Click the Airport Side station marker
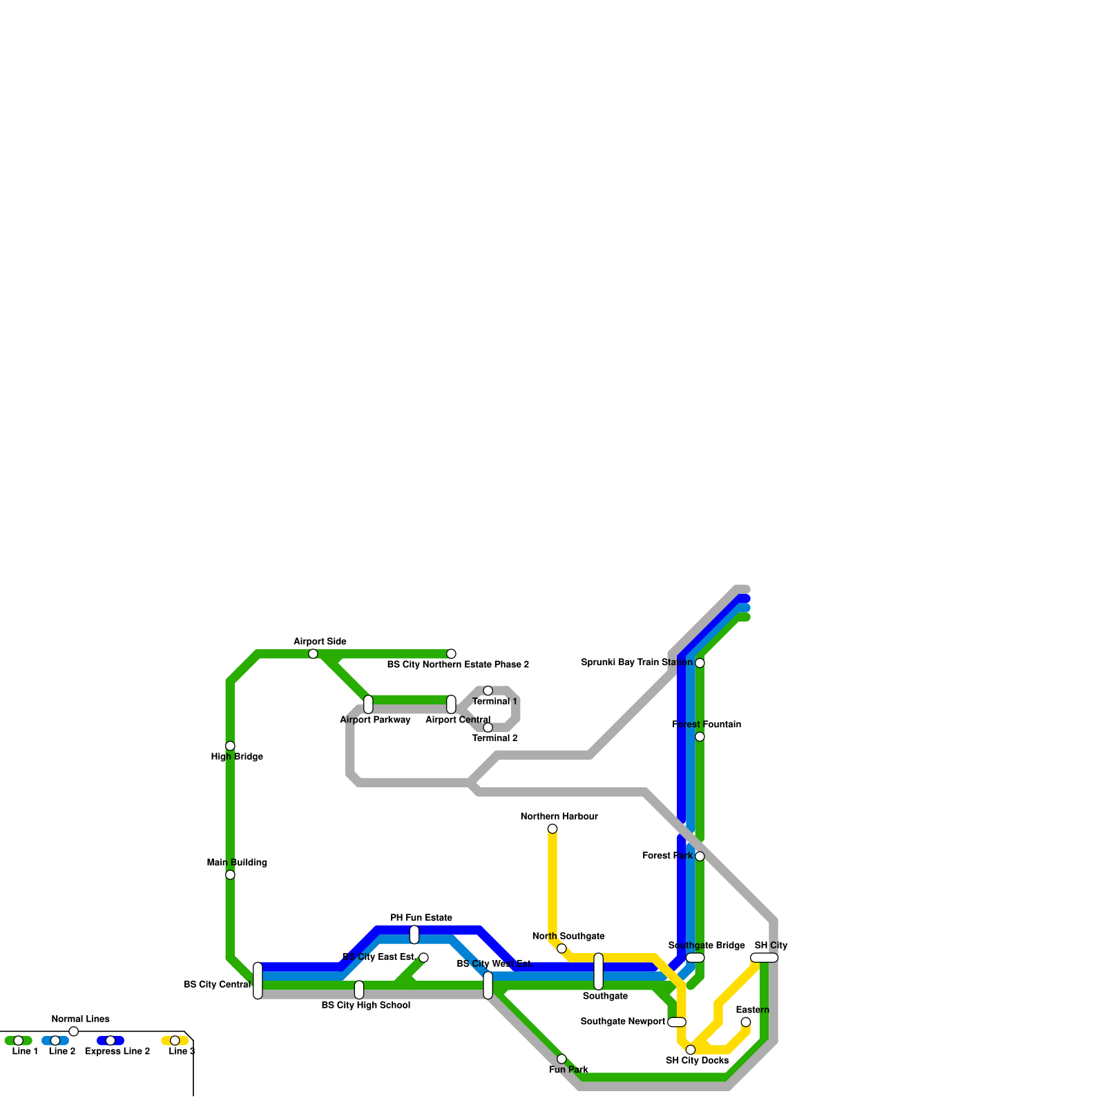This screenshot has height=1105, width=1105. tap(313, 653)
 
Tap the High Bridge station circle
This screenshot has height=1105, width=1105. tap(230, 746)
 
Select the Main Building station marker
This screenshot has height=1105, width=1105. tap(230, 874)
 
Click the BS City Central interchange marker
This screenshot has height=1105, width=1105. tap(258, 981)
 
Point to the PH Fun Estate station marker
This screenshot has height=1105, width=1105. tap(414, 934)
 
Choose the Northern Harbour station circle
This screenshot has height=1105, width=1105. tap(552, 829)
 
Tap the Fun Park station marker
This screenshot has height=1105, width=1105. tap(561, 1059)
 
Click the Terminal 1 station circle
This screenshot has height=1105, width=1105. tap(488, 691)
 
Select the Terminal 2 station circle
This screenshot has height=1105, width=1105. tap(488, 727)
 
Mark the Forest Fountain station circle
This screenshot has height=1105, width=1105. tap(700, 737)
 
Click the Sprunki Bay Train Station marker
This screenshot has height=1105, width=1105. tap(700, 663)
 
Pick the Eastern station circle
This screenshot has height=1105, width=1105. tap(746, 1022)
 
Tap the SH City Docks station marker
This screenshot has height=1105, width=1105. tap(691, 1050)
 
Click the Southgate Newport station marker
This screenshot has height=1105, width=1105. tap(677, 1022)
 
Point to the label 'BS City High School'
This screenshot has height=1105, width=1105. tap(366, 1006)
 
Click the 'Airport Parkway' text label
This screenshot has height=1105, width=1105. tap(375, 720)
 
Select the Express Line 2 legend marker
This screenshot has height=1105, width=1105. tap(110, 1041)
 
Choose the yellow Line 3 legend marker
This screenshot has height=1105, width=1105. tap(175, 1041)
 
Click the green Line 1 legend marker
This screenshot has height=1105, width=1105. tap(19, 1041)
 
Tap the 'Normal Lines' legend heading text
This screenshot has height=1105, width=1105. tap(80, 1019)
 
